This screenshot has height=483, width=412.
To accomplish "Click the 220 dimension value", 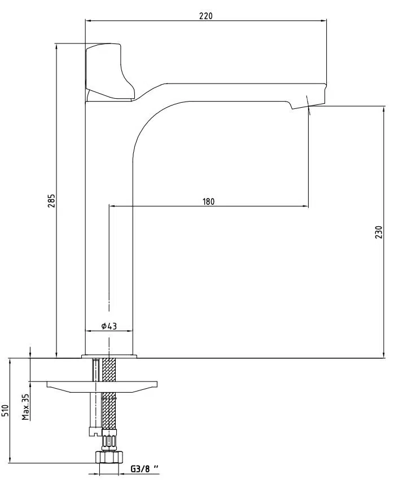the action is [x=205, y=16].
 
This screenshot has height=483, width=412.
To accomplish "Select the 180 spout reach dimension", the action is [x=208, y=201].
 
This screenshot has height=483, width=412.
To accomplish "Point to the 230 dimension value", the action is [x=379, y=232].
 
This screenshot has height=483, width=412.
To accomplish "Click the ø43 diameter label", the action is [x=109, y=326].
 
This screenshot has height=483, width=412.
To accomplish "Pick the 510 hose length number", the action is [x=6, y=411].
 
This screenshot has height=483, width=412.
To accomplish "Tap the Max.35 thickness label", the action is [x=26, y=407].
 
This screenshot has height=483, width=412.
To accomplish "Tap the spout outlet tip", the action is [x=308, y=106].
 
